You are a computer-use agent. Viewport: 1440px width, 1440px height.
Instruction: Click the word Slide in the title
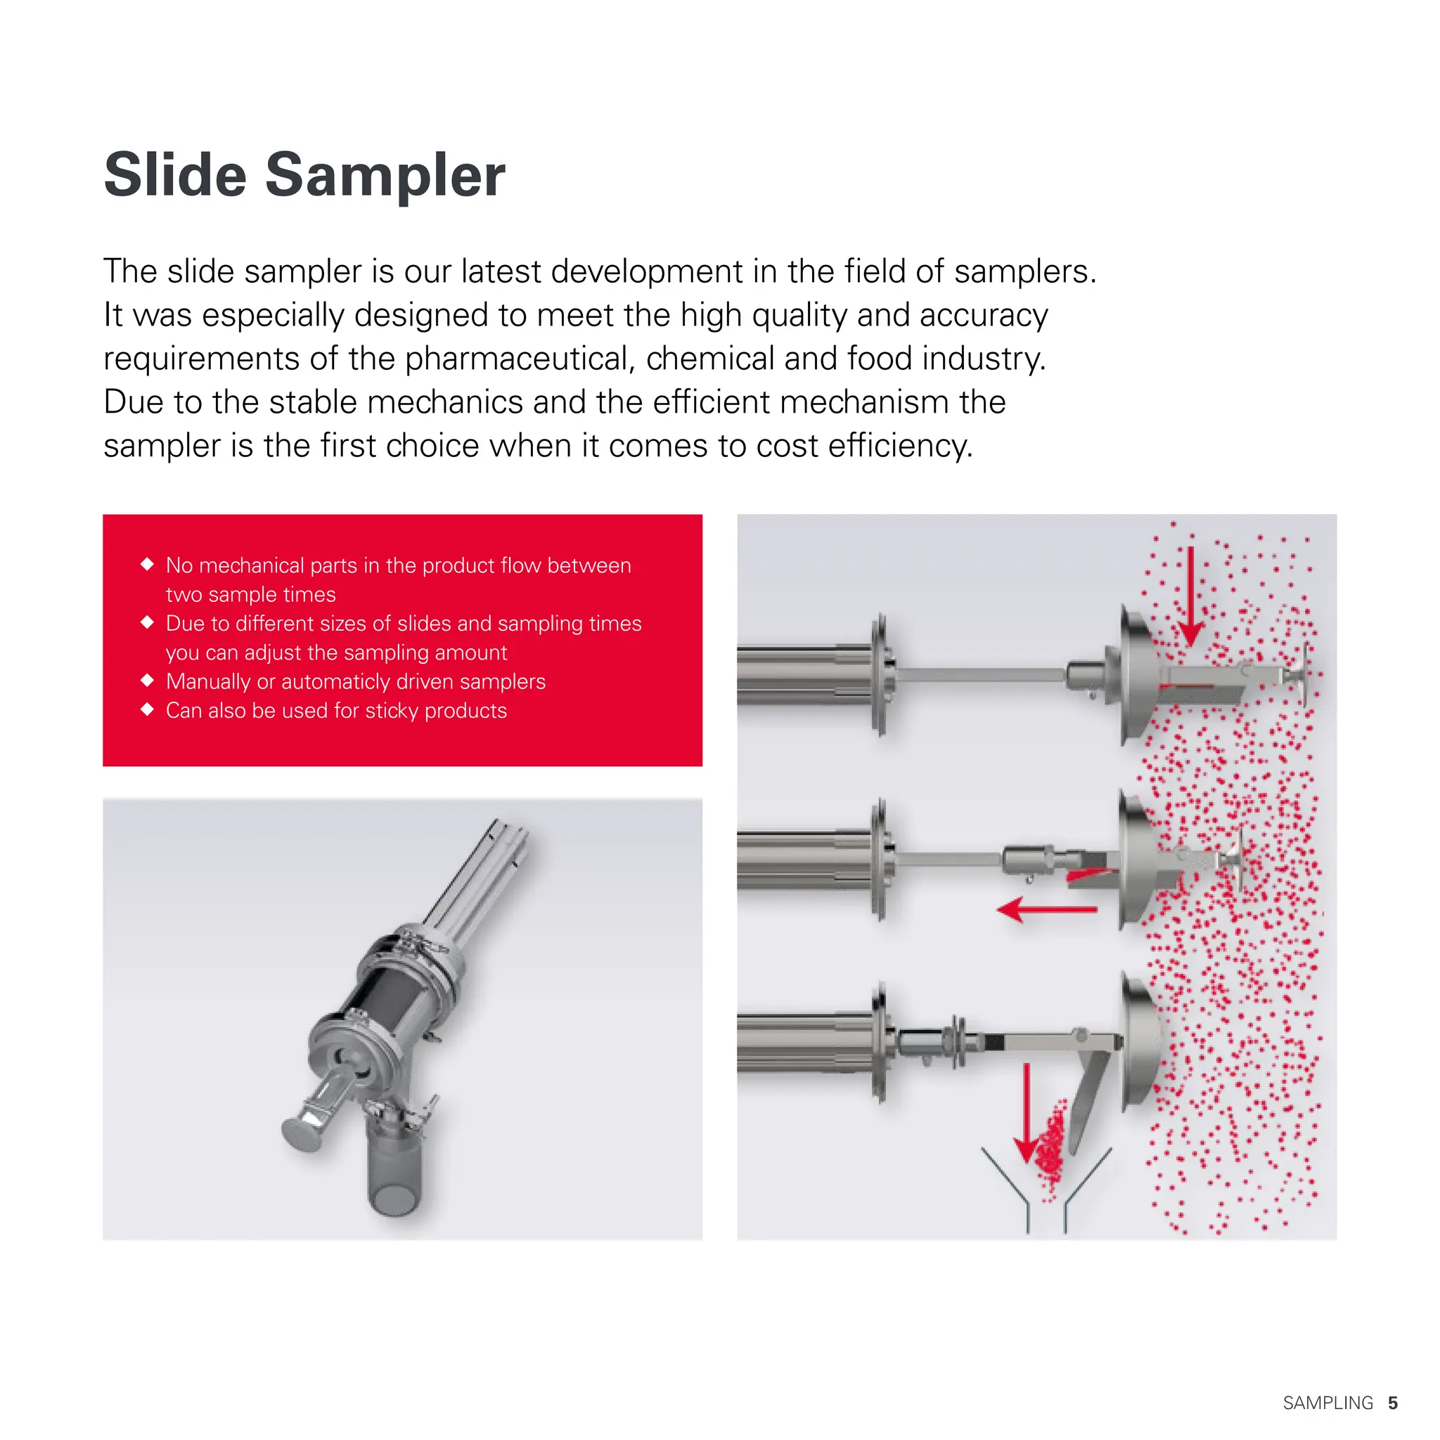(175, 175)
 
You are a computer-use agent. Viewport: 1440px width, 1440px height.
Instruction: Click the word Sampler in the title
(385, 175)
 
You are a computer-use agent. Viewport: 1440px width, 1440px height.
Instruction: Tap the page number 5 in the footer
(1392, 1403)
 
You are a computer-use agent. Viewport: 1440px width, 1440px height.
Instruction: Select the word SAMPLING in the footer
(1327, 1403)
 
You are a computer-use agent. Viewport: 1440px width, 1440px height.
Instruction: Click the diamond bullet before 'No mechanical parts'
(147, 564)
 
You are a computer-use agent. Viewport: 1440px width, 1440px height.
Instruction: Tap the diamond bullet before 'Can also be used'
(147, 709)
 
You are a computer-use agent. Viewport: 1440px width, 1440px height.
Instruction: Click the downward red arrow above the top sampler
(1190, 596)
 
